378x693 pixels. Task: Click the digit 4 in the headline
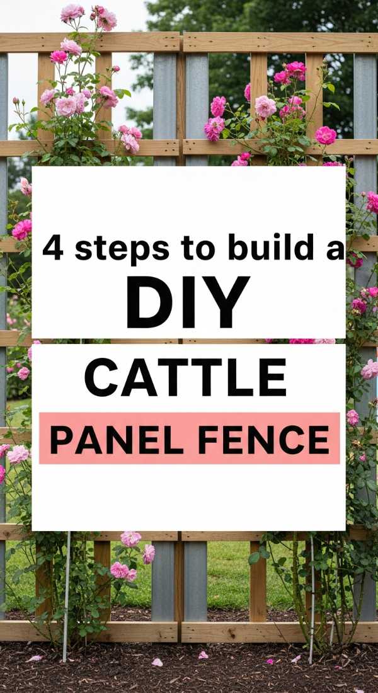click(54, 248)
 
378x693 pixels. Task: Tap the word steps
click(122, 249)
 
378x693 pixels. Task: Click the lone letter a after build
click(334, 249)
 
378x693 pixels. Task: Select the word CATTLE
click(186, 378)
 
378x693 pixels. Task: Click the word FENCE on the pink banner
click(264, 439)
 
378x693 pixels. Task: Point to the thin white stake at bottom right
click(312, 598)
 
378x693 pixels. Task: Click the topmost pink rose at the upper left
click(72, 11)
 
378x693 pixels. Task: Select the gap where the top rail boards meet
click(181, 42)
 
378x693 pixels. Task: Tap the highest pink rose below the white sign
click(130, 538)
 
